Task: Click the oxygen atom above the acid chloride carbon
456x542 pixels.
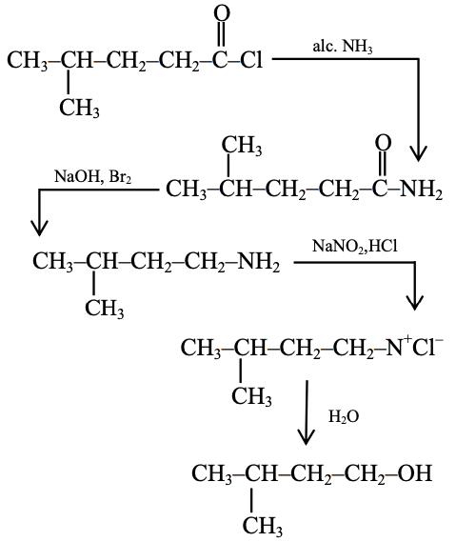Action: [222, 13]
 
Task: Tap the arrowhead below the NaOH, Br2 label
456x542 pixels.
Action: [39, 227]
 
